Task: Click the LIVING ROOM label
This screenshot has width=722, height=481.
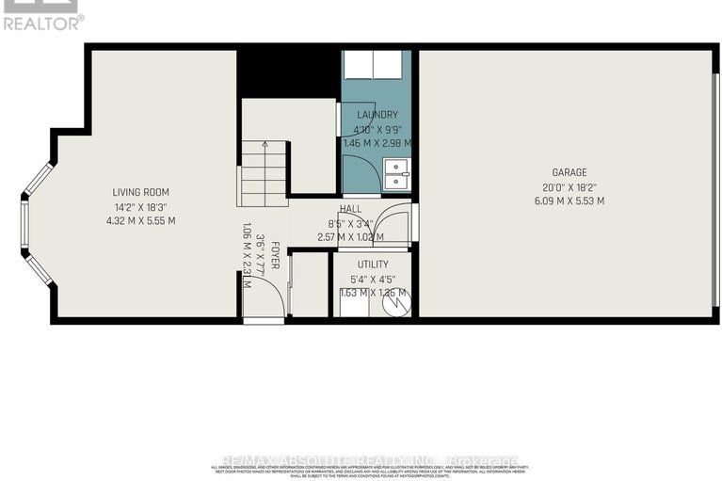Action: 142,192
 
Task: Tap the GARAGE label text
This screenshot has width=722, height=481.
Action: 570,172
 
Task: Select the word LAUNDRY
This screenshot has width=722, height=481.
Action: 377,115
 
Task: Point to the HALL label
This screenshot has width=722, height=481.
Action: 351,209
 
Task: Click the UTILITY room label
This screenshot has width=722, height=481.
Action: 373,265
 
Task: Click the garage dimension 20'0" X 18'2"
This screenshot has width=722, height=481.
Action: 570,186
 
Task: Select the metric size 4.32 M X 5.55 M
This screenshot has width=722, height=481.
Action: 142,220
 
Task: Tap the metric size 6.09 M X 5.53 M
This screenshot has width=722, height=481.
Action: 570,200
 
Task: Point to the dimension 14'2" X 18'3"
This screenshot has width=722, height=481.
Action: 142,206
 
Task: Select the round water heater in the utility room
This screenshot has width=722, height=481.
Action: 399,303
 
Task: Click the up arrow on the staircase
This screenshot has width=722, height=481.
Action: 265,147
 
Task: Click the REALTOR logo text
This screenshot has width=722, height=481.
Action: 42,21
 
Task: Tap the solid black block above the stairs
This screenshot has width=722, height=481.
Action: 287,72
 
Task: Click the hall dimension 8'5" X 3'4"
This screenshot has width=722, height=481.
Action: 351,223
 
